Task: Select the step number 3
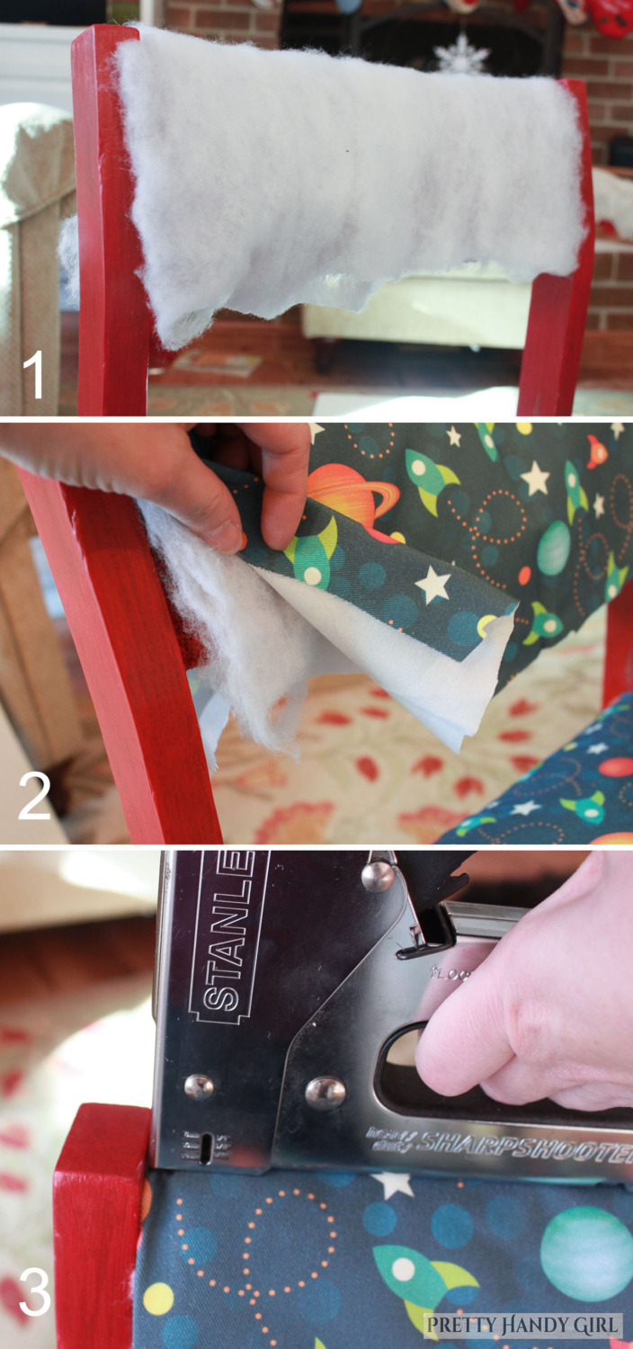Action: (34, 1292)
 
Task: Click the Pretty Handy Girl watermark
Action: (522, 1324)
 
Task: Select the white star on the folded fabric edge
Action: (433, 585)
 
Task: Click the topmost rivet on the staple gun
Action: (378, 874)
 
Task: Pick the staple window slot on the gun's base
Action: (206, 1148)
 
